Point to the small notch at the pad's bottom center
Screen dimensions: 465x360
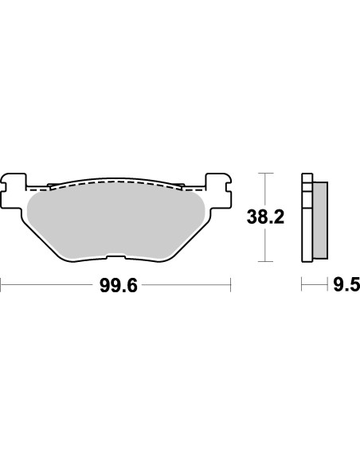click(x=116, y=256)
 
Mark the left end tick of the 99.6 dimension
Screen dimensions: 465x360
click(x=2, y=285)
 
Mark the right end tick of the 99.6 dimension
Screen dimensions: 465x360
click(x=230, y=285)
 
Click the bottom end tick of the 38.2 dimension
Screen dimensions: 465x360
click(x=264, y=261)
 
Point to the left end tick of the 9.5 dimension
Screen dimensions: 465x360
click(x=301, y=285)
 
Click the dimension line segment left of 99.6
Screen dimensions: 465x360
click(x=48, y=285)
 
